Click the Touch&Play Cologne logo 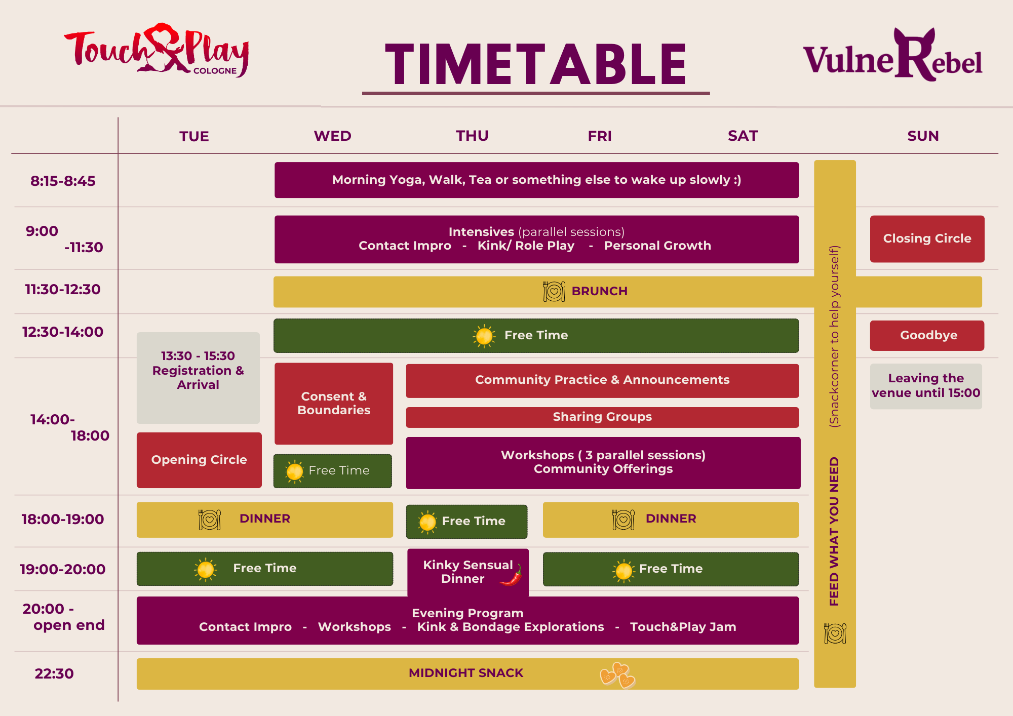tap(157, 50)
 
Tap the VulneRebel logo tap(892, 55)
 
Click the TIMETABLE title tap(536, 64)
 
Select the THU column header tap(472, 136)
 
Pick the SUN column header tap(923, 136)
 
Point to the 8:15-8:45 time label tap(63, 181)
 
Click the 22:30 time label tap(54, 673)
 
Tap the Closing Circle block tap(927, 238)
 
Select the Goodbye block tap(927, 335)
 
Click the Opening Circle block tap(199, 460)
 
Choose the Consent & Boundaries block tap(334, 403)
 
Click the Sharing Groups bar tap(602, 417)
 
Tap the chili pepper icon tap(512, 575)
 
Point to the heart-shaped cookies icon tap(618, 675)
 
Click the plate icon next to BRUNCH tap(554, 291)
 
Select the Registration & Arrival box tap(198, 378)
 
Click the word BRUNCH tap(600, 291)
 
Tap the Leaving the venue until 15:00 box tap(926, 386)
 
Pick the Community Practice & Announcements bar tap(602, 380)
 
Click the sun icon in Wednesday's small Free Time tap(294, 471)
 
